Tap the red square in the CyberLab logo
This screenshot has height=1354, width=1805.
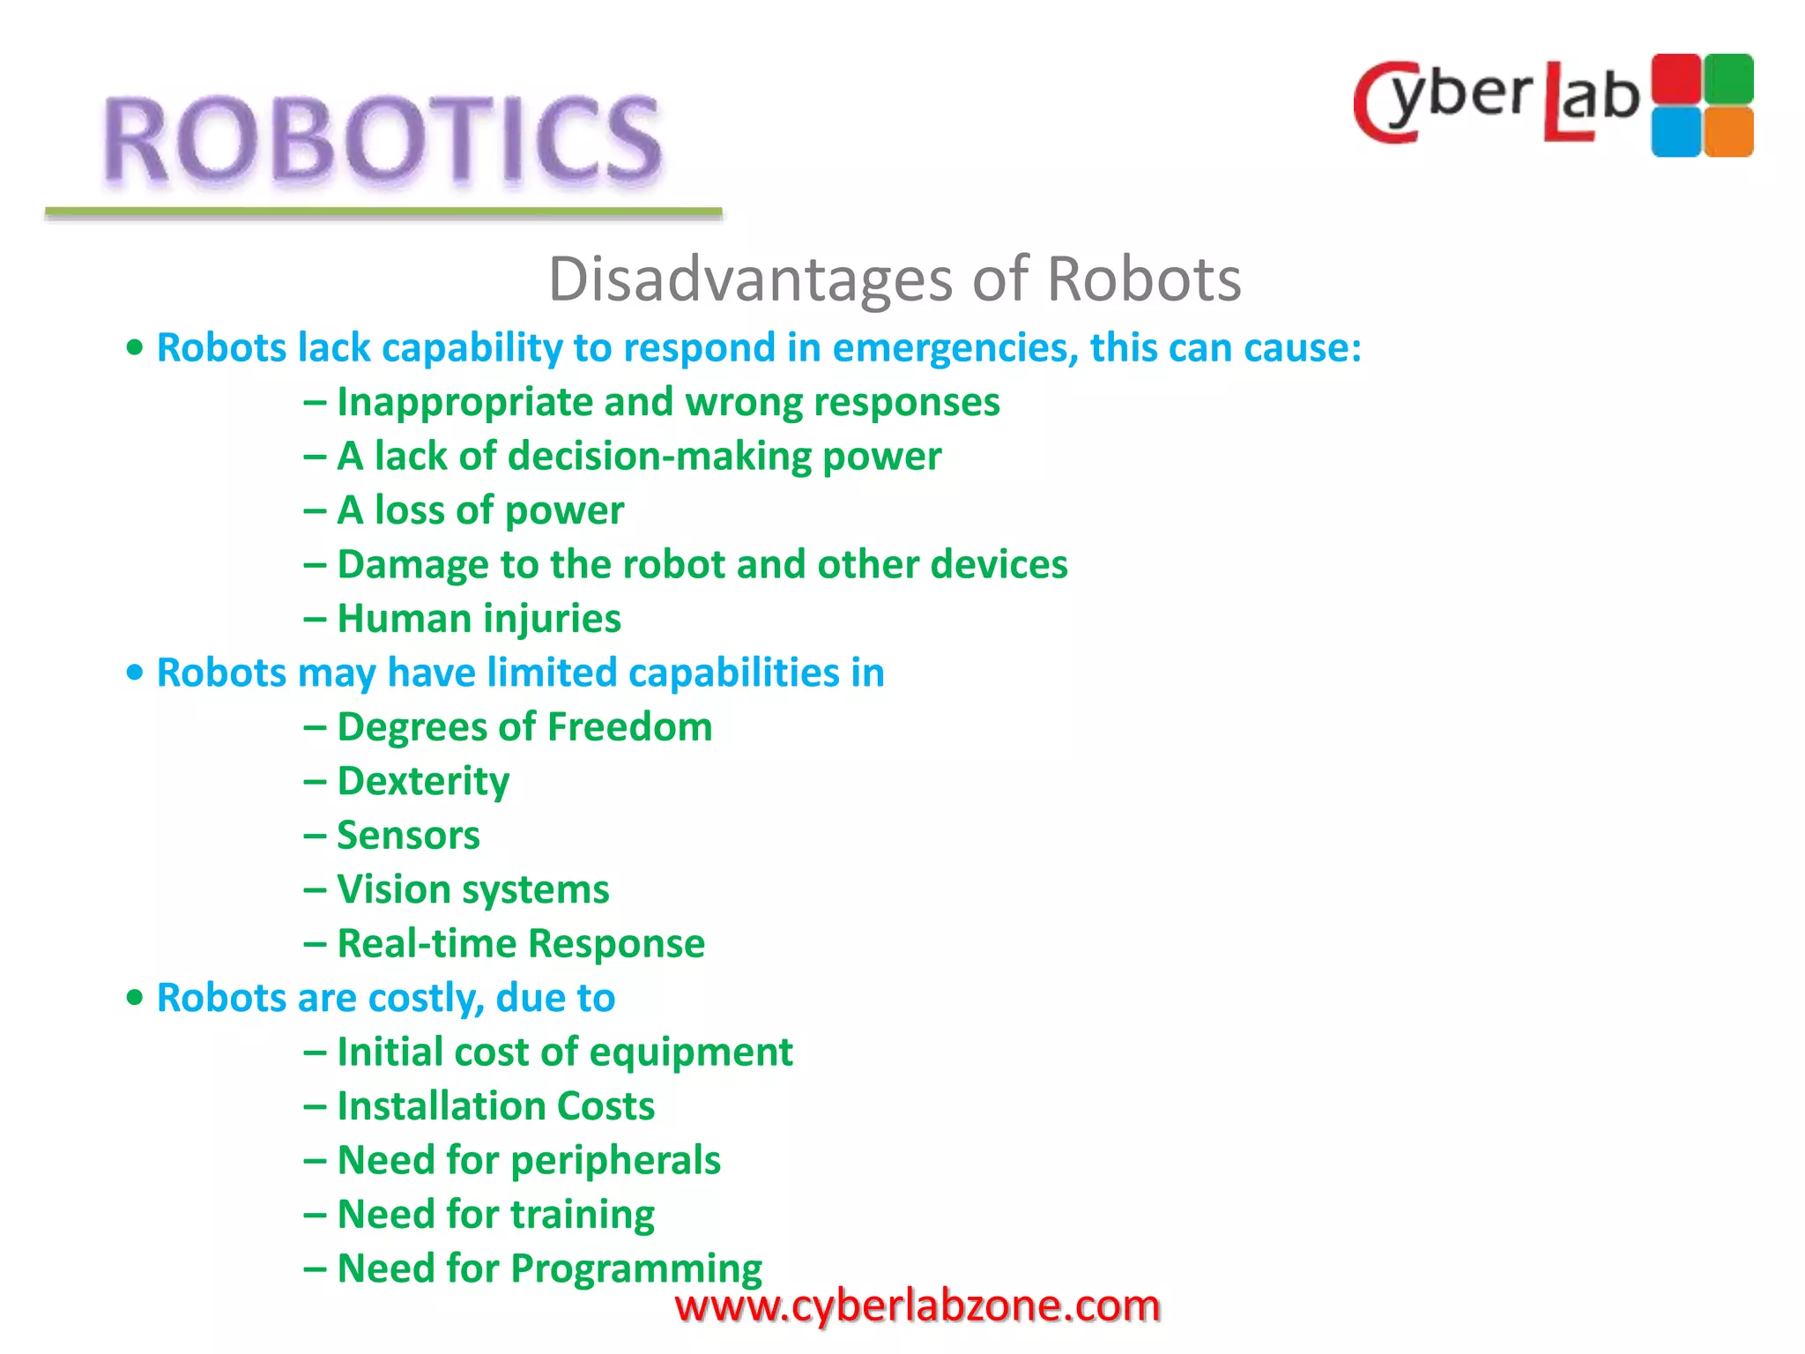click(x=1675, y=78)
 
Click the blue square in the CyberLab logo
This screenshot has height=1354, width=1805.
click(x=1675, y=132)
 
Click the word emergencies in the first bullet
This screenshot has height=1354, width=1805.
click(x=955, y=348)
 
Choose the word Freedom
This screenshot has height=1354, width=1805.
click(x=629, y=727)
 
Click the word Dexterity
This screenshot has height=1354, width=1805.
click(x=423, y=782)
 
